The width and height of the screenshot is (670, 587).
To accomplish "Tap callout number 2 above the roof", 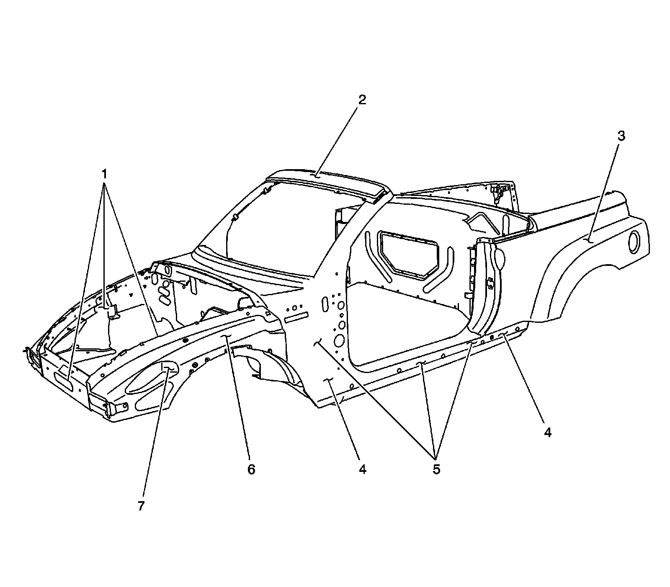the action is pyautogui.click(x=361, y=100).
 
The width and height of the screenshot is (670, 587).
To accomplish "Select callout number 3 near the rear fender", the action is pyautogui.click(x=621, y=136).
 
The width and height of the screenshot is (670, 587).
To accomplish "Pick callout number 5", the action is pyautogui.click(x=436, y=469).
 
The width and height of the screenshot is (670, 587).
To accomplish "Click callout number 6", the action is pyautogui.click(x=251, y=469).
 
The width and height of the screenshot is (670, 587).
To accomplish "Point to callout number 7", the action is pyautogui.click(x=141, y=506).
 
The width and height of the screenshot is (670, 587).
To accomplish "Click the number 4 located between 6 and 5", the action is pyautogui.click(x=362, y=469).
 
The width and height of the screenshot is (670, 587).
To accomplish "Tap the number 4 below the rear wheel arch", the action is pyautogui.click(x=548, y=432).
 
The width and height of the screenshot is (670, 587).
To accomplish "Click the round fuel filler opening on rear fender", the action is pyautogui.click(x=636, y=242).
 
